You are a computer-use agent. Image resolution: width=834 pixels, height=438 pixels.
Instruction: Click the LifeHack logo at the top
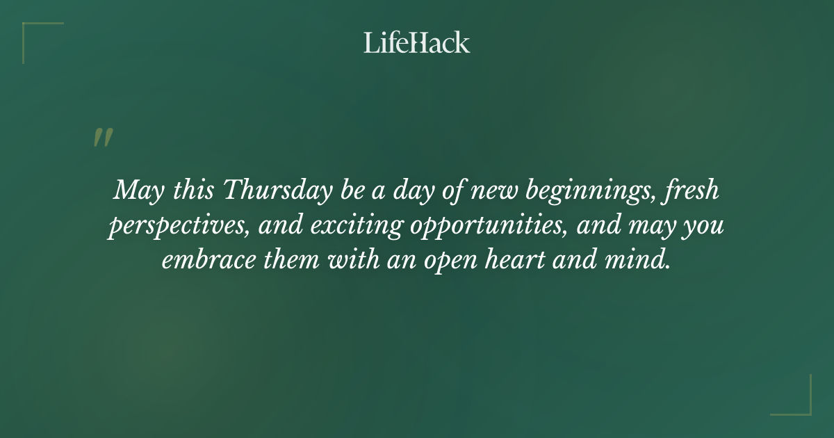coord(417,42)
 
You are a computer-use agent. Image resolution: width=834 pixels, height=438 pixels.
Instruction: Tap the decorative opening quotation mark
coord(102,138)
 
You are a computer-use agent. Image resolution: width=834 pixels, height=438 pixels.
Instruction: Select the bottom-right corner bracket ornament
coord(799,403)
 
